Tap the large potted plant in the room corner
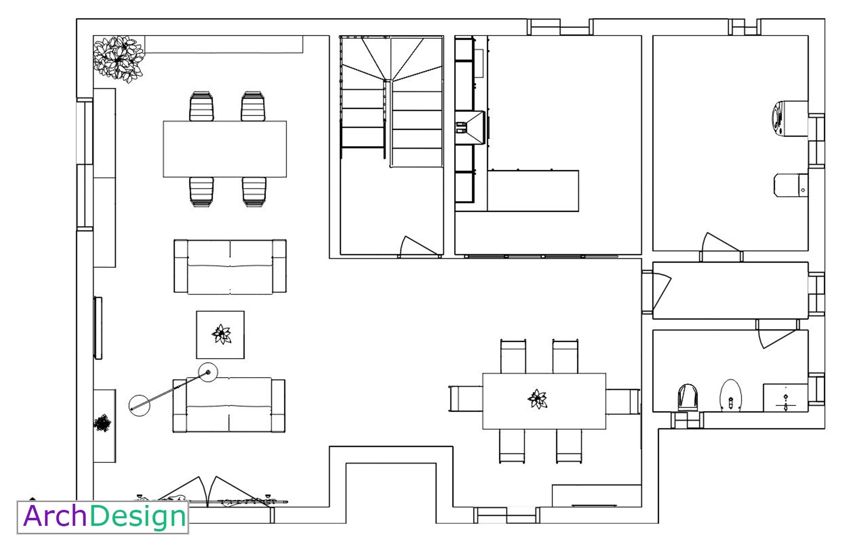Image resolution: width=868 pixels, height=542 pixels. pos(119,58)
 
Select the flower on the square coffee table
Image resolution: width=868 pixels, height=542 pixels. pos(221,334)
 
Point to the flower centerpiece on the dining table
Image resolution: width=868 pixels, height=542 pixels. pos(537,399)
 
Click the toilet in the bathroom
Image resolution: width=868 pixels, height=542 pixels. pos(688,397)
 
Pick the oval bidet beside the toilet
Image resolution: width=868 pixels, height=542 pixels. pos(731,396)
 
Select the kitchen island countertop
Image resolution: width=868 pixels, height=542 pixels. pos(533,191)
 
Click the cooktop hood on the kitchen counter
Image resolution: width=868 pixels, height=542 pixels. pos(470,128)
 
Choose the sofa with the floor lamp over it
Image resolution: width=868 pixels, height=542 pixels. pos(229,405)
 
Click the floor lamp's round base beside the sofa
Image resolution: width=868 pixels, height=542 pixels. pos(139,405)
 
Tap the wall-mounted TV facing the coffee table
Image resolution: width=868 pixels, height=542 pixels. pos(98,328)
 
